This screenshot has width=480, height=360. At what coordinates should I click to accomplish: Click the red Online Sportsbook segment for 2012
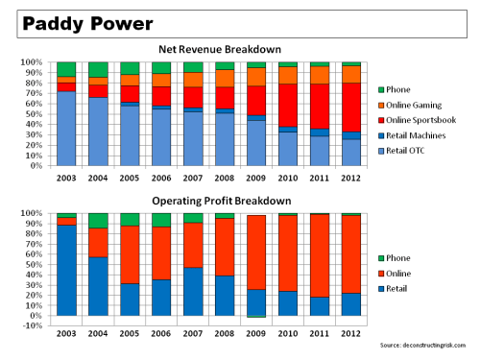351,107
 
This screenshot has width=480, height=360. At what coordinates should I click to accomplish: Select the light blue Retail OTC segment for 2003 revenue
66,129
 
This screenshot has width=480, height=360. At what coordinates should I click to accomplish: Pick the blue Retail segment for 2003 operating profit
66,270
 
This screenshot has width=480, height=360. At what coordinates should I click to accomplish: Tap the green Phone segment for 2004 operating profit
98,220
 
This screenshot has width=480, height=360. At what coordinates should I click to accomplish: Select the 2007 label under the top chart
193,178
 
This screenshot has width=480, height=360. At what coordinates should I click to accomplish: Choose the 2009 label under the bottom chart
256,332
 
